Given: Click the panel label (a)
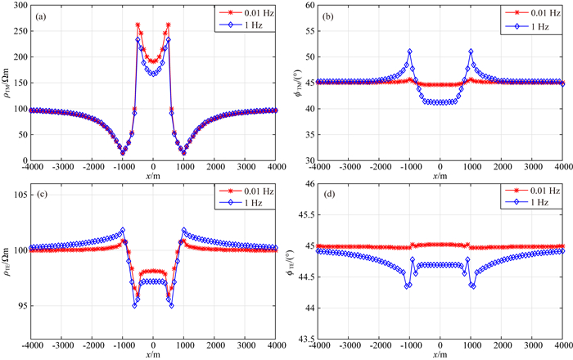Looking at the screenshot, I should (39, 13).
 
